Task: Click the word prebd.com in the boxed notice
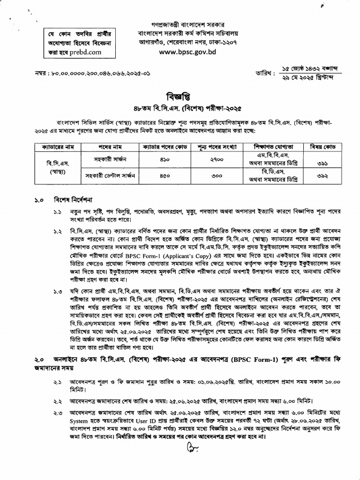85,52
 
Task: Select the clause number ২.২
57,402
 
